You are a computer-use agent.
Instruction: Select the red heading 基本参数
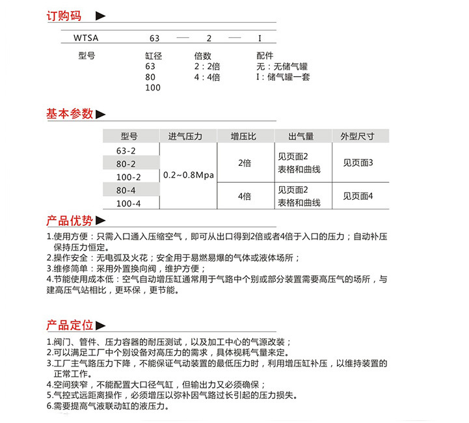click(x=70, y=114)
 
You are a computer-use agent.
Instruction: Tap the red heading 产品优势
click(x=70, y=220)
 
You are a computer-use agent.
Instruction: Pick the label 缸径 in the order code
click(x=154, y=56)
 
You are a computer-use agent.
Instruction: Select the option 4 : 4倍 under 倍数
click(x=207, y=77)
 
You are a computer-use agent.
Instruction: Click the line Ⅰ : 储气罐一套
click(x=283, y=77)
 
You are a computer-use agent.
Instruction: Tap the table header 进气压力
click(x=185, y=137)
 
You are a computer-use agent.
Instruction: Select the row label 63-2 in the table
click(x=126, y=150)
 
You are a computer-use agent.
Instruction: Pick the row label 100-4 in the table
click(x=128, y=204)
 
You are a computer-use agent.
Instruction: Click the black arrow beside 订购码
click(x=100, y=16)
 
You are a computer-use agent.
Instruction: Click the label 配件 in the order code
click(x=265, y=56)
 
